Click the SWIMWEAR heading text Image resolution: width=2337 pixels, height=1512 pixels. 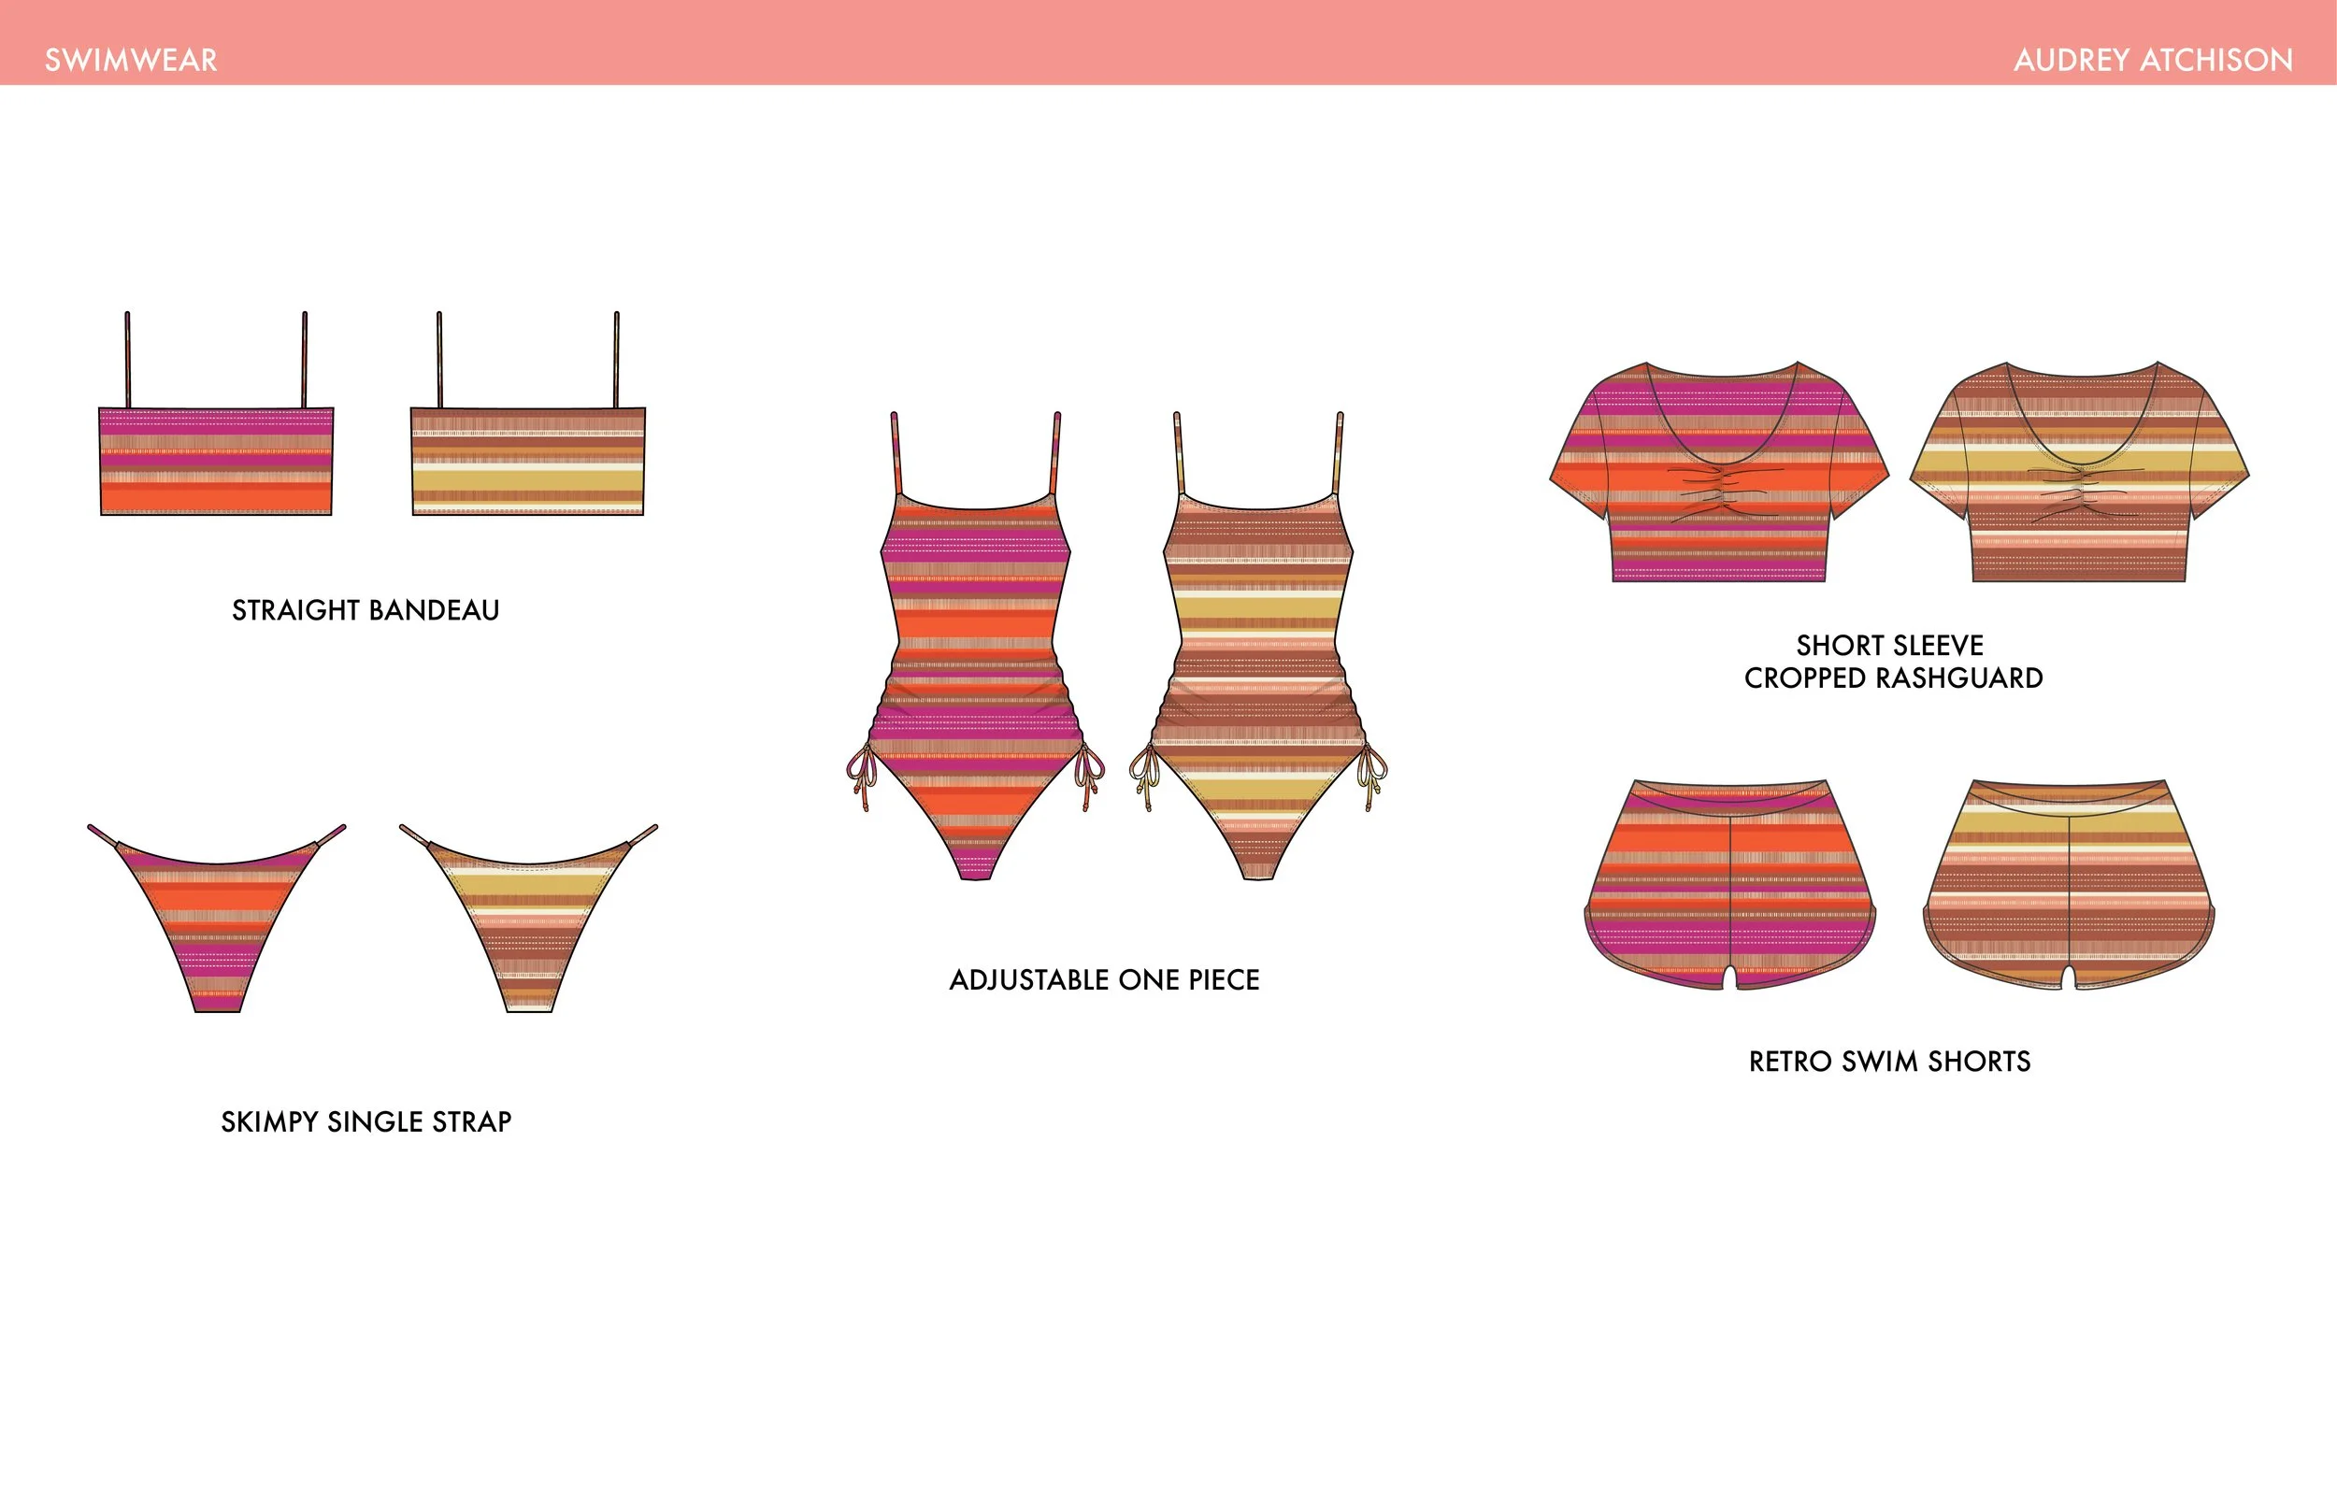[131, 60]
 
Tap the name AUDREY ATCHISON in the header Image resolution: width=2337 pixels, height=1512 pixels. [2153, 60]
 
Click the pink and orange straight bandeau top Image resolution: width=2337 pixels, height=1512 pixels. [216, 462]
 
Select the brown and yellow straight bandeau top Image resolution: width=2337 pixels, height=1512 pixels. [528, 462]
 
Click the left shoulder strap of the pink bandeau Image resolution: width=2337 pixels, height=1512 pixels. [128, 358]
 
